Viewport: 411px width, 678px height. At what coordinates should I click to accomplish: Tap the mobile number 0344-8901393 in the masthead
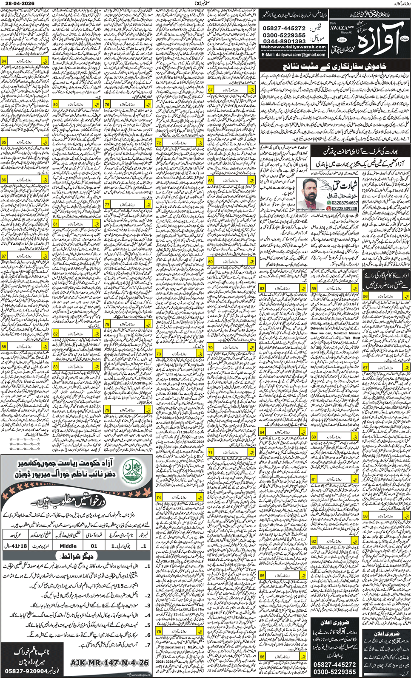284,41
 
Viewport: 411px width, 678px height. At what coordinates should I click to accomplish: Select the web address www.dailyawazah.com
293,47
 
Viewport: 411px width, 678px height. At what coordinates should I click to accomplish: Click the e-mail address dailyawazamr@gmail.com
294,54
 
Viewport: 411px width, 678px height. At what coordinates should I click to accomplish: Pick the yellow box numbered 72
179,143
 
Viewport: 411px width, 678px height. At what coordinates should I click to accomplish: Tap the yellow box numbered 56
386,296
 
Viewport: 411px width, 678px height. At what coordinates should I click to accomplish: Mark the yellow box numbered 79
128,410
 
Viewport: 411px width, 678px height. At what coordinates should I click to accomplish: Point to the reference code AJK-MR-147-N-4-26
109,662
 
